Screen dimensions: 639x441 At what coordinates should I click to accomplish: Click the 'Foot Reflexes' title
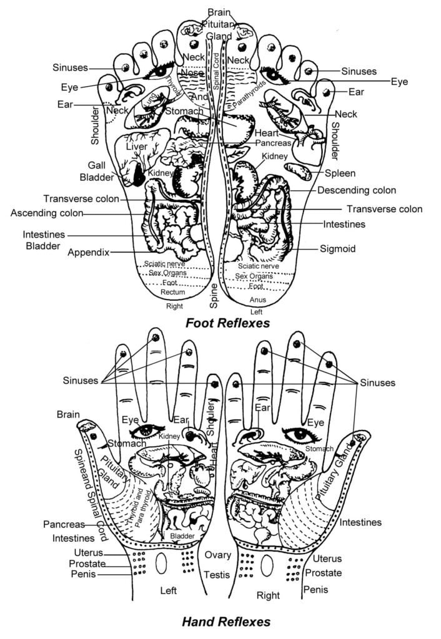pos(227,323)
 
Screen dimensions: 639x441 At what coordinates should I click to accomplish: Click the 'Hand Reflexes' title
pos(226,621)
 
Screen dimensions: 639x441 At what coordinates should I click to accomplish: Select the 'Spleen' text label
pos(340,173)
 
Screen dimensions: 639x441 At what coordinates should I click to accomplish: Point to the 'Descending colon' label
pos(357,190)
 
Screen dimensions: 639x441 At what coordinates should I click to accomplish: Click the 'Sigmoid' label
pos(338,248)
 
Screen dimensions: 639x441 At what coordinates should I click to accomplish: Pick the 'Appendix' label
pos(88,253)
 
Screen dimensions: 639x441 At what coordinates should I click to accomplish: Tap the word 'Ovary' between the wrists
pos(218,555)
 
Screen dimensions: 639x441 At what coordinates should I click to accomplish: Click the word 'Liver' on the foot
pos(136,147)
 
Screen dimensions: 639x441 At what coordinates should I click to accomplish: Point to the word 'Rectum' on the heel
pos(172,292)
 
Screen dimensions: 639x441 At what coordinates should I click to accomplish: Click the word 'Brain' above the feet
pos(220,12)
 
